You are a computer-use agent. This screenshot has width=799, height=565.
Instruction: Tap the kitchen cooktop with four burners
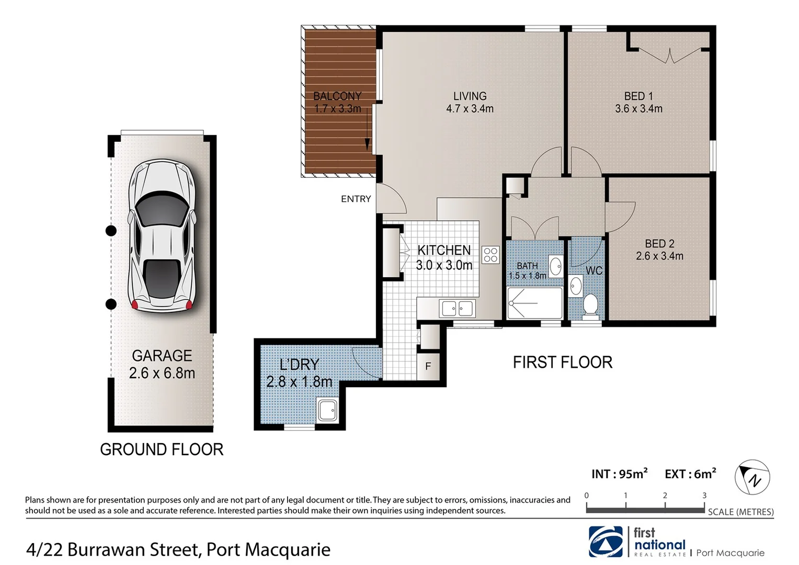coord(490,255)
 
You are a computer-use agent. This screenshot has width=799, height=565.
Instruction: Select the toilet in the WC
coord(590,306)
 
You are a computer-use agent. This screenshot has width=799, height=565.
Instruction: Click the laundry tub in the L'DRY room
coord(328,411)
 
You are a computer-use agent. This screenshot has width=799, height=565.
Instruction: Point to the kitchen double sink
coord(458,308)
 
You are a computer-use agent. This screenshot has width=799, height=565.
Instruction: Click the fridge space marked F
coord(428,366)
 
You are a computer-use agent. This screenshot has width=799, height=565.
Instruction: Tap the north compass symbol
coord(752,478)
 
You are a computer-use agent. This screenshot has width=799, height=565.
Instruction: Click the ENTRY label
coord(356,199)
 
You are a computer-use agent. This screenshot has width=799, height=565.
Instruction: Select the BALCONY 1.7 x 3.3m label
coord(337,103)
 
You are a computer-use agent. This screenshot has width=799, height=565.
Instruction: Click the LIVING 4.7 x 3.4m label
coord(470,103)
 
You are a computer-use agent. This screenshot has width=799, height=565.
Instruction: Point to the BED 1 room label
coord(638,103)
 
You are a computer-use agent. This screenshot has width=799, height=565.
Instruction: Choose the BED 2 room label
coord(659,250)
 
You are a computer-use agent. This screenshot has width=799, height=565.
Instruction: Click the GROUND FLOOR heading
coord(162,449)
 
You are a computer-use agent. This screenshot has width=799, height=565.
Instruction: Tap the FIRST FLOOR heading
coord(562,362)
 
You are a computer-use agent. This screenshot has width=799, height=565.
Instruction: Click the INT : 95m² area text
coord(619,474)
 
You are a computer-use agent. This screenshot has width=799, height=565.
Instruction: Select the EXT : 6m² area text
coord(690,474)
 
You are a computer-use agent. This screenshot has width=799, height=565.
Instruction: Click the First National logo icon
coord(606,541)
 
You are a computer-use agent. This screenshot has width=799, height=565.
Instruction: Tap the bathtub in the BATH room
coord(534,303)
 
